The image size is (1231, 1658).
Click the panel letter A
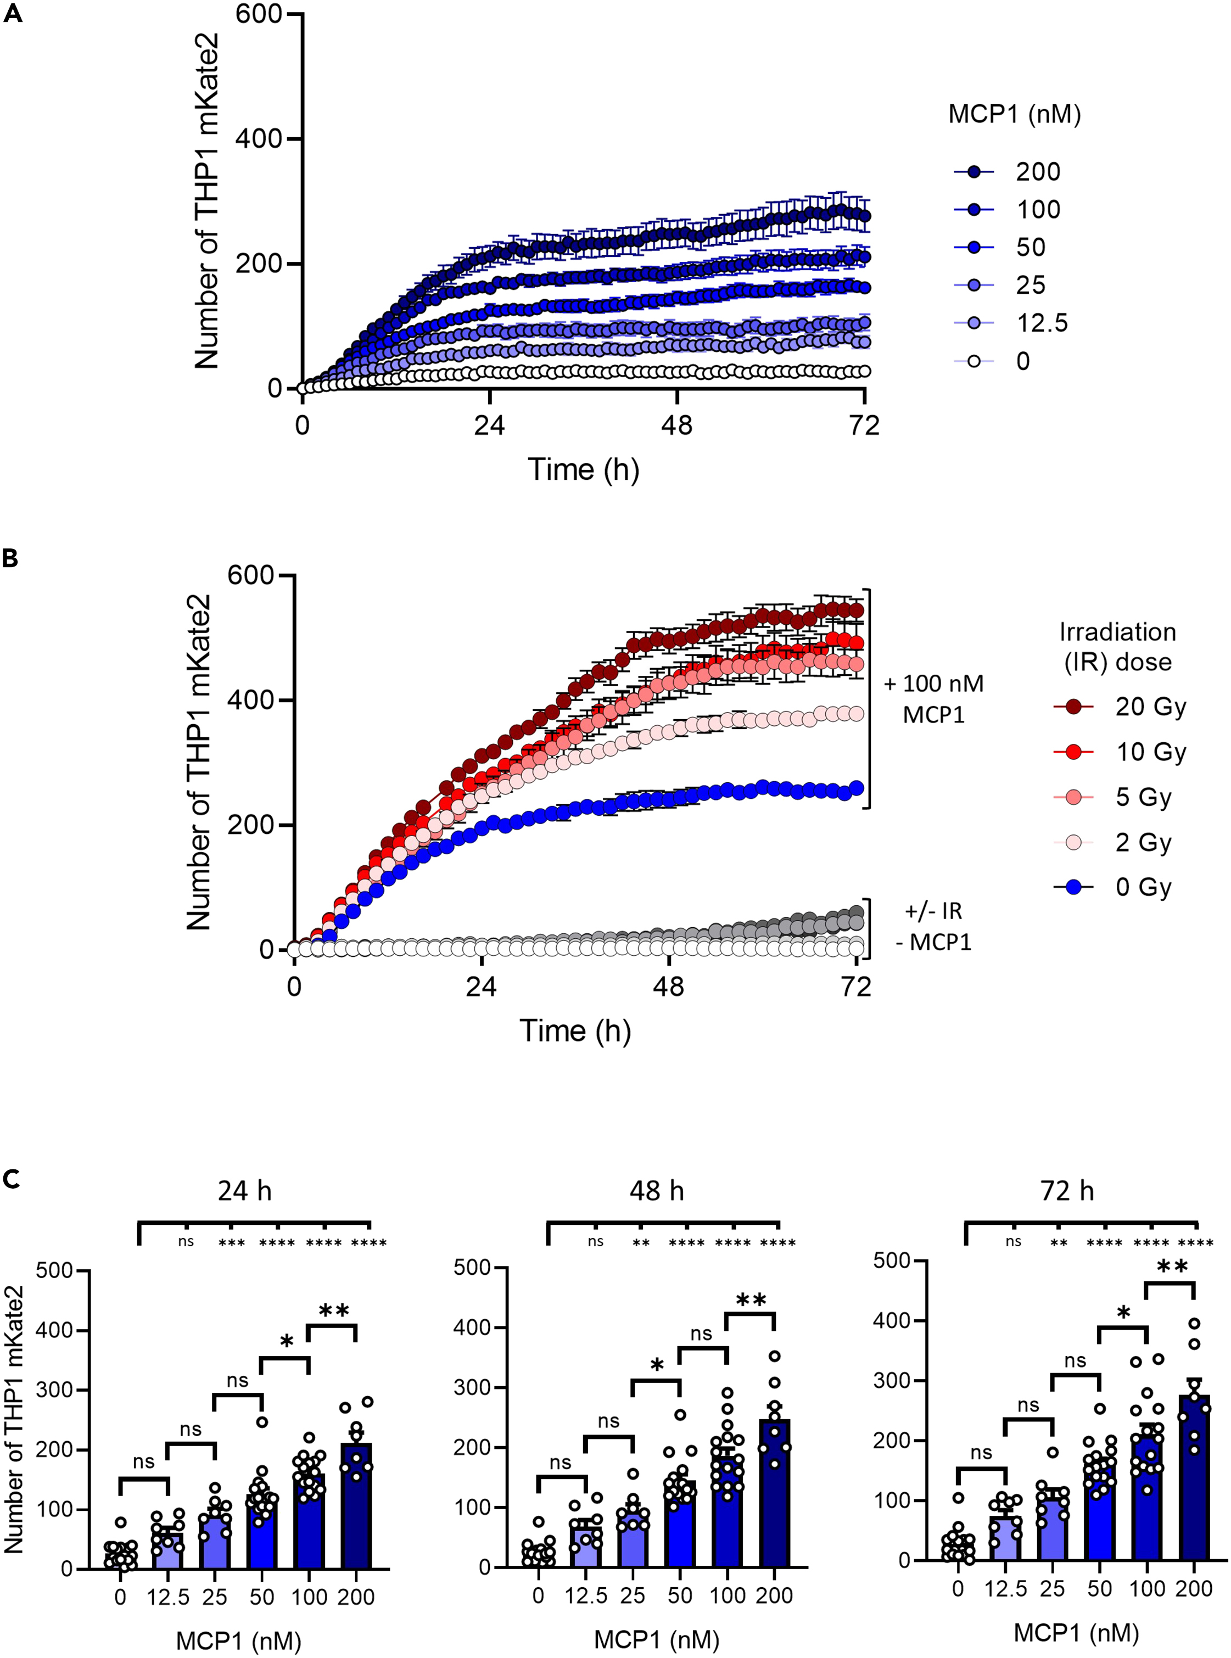point(12,14)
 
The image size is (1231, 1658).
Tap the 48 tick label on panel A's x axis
point(676,425)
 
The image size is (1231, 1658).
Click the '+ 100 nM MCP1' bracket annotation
point(933,699)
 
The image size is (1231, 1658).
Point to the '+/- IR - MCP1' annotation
point(933,926)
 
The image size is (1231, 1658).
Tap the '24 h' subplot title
point(244,1191)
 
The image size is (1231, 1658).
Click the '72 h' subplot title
point(1067,1191)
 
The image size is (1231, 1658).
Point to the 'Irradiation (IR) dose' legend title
point(1118,647)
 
